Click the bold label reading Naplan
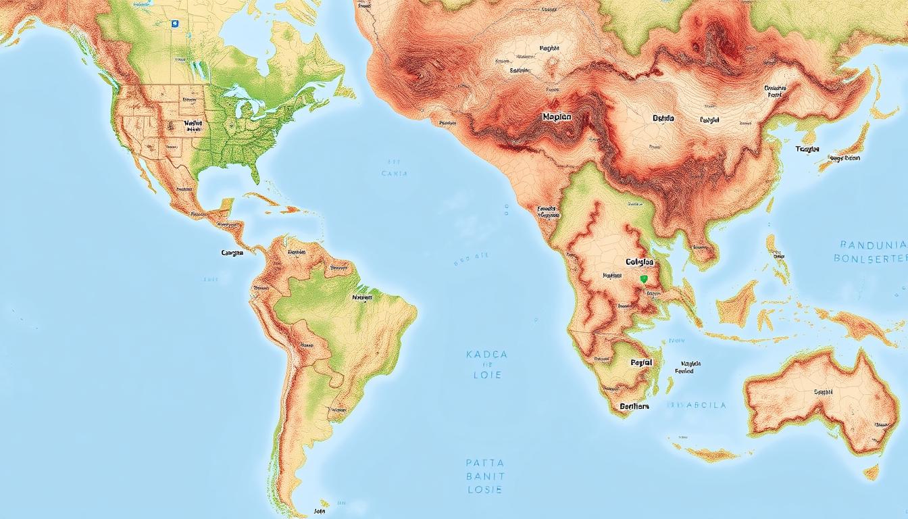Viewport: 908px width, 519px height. (x=557, y=117)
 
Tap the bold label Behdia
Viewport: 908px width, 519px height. (x=663, y=118)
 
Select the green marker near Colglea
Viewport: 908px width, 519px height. (x=643, y=278)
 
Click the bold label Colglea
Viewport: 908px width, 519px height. (x=639, y=262)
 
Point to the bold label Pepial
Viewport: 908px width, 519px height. (x=641, y=363)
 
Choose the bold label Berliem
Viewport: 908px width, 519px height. (x=634, y=407)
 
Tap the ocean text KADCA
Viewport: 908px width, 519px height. (x=486, y=354)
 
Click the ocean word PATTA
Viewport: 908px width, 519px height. (x=485, y=464)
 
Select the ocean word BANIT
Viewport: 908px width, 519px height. (x=485, y=476)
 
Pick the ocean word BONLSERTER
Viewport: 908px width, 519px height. (x=869, y=258)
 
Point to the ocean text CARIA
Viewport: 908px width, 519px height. (x=395, y=174)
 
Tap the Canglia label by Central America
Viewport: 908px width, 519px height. (x=232, y=253)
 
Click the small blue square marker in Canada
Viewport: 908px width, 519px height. (x=174, y=23)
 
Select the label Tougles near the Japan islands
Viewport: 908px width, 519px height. (x=807, y=149)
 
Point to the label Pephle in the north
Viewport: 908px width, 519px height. (x=550, y=49)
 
